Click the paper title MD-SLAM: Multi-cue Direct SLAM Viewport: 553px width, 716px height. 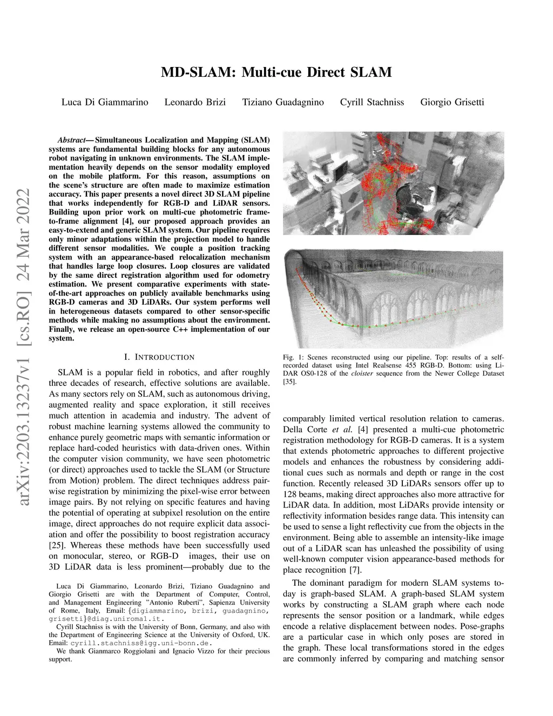[x=276, y=72]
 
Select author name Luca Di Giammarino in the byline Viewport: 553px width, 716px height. [x=105, y=102]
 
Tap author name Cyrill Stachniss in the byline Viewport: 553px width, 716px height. [x=372, y=102]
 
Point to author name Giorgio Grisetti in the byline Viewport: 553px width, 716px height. [x=452, y=102]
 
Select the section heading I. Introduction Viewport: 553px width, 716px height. [x=159, y=357]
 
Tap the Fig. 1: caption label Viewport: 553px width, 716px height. [x=294, y=357]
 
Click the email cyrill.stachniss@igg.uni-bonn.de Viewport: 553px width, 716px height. [x=140, y=643]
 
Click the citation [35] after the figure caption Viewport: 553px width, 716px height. [x=289, y=382]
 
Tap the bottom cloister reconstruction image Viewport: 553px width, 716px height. [x=393, y=295]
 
